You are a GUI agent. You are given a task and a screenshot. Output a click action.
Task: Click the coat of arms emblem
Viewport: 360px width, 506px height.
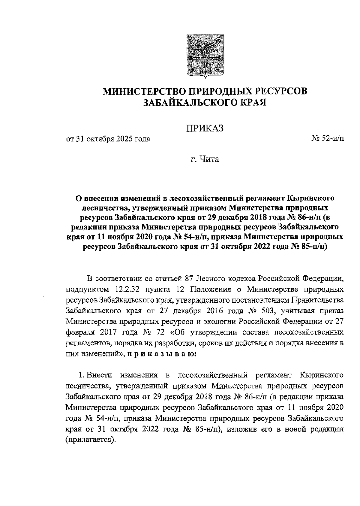(x=206, y=56)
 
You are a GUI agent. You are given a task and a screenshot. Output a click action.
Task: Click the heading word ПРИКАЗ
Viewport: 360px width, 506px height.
(x=205, y=129)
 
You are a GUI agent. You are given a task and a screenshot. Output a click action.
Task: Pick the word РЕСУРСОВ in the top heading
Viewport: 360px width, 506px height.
(x=277, y=91)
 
